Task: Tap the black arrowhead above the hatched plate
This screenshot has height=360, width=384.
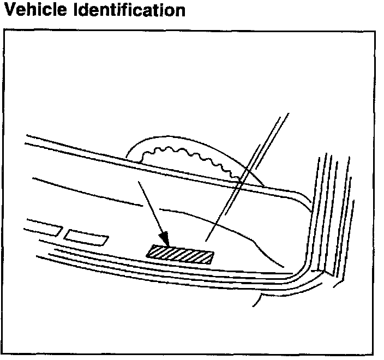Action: pos(164,239)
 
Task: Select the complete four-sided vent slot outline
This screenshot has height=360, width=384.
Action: pos(86,237)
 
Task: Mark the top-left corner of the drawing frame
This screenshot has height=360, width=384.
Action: pos(4,31)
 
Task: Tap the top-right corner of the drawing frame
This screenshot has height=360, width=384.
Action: pos(375,31)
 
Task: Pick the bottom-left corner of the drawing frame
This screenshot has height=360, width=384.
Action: pos(4,355)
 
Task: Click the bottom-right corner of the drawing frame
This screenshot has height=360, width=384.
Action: pos(375,355)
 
